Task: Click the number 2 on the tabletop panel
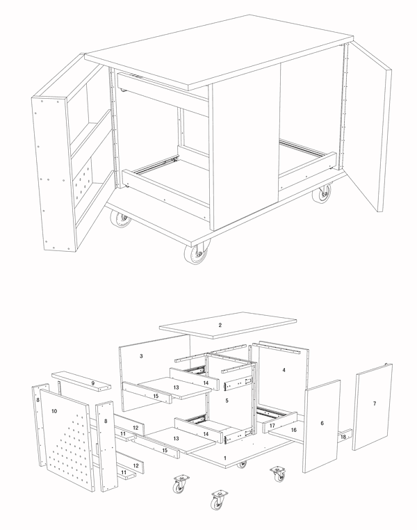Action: point(220,326)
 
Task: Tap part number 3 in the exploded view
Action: point(141,356)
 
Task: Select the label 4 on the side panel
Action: point(284,370)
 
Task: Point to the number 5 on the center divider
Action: point(227,401)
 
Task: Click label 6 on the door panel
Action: point(322,423)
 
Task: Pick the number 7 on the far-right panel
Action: point(375,403)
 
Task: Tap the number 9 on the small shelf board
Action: point(93,383)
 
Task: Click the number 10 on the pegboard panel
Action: point(54,411)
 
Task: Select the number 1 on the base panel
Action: point(225,458)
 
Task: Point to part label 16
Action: point(294,430)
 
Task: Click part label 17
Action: point(272,426)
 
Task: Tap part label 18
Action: point(343,437)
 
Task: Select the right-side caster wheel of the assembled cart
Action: point(322,193)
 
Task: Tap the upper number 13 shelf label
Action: point(176,387)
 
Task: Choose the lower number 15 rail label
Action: point(165,451)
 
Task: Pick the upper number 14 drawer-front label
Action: point(206,383)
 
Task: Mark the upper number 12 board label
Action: point(136,428)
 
